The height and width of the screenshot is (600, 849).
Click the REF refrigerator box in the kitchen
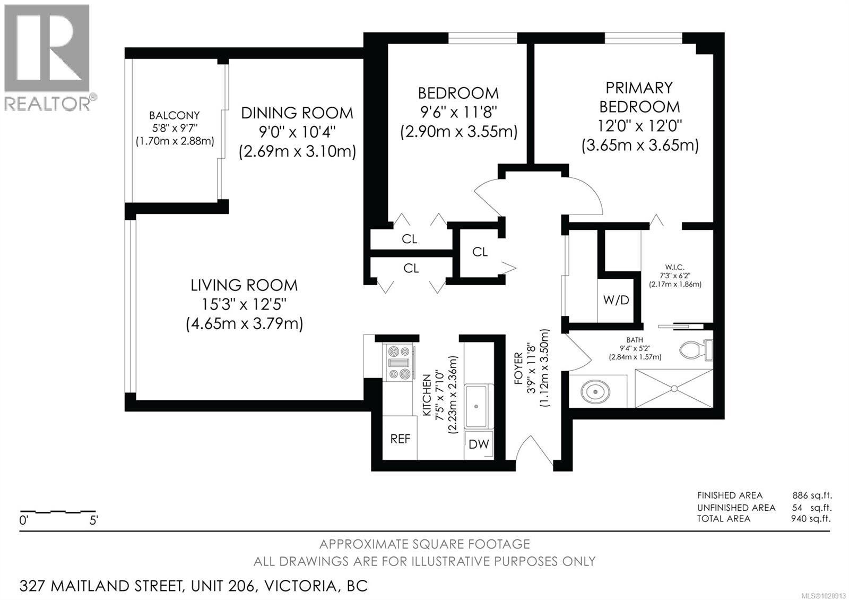coord(400,439)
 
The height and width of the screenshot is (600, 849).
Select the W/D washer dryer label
coord(616,301)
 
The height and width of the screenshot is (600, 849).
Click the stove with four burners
coord(399,363)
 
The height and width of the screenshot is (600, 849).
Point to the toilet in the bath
coord(695,349)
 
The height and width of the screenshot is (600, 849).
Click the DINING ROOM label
coord(297,113)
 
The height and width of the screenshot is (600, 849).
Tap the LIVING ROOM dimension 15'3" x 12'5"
coord(244,304)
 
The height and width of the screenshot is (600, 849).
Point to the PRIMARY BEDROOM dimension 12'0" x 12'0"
coord(639,126)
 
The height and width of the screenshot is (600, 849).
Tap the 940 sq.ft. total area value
coord(811,518)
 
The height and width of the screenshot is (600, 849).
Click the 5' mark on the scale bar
coord(94,520)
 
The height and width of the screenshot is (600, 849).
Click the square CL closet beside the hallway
coord(480,252)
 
